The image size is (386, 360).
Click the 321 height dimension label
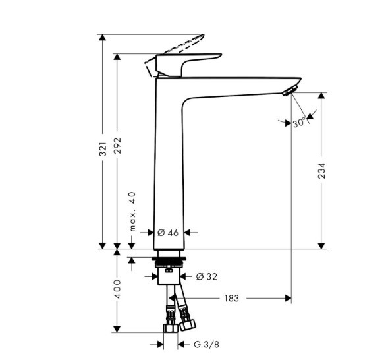tap(103, 148)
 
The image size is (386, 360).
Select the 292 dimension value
tap(118, 146)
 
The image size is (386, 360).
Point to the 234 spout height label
tap(321, 171)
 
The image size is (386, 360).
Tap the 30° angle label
tap(299, 123)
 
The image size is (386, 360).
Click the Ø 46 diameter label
tap(168, 233)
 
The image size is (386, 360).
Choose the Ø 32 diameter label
tap(207, 276)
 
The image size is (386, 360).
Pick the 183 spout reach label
tap(231, 299)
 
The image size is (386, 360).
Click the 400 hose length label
tap(118, 289)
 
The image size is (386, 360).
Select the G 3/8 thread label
tap(206, 344)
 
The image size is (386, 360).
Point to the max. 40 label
tap(132, 212)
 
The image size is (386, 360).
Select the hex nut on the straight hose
tap(171, 328)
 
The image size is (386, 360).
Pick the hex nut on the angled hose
tap(188, 325)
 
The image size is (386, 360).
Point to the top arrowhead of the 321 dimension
tap(102, 38)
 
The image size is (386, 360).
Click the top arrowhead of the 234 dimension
tap(321, 96)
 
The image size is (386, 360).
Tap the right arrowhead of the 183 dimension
tap(288, 298)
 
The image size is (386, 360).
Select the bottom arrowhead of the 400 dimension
tap(117, 329)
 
